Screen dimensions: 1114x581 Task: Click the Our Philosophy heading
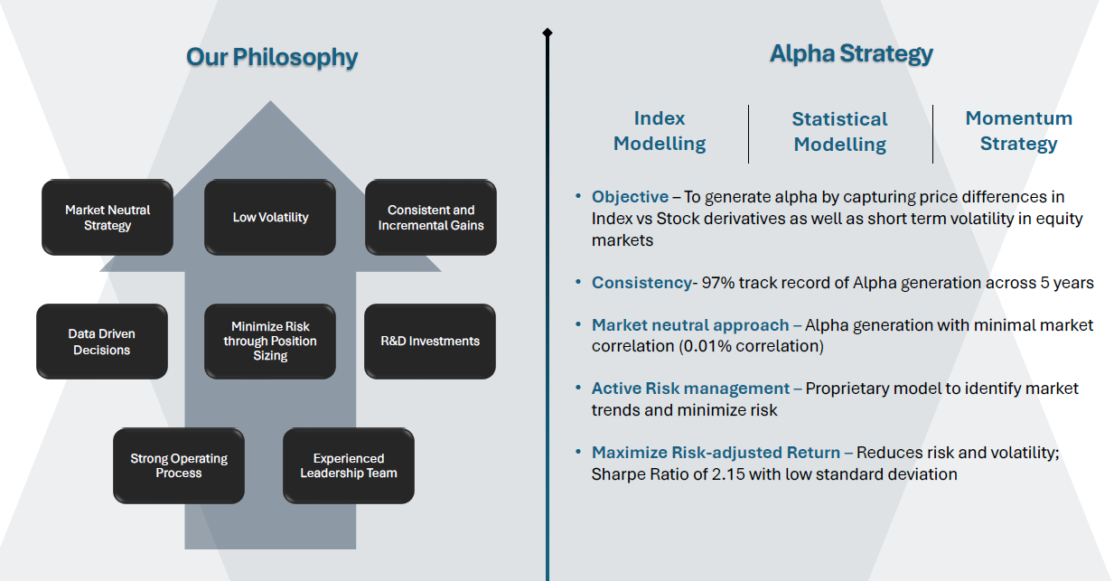point(272,58)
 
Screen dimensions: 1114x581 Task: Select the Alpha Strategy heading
point(851,53)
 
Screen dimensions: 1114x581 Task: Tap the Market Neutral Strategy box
point(108,218)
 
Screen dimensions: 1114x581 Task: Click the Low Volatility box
point(270,218)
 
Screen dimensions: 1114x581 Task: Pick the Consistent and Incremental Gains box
point(431,218)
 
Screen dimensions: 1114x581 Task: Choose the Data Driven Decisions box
point(102,342)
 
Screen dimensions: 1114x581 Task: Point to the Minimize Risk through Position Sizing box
point(270,342)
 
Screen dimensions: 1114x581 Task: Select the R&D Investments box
point(430,342)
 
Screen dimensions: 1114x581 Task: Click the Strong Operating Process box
point(179,465)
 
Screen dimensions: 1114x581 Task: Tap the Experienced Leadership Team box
point(349,465)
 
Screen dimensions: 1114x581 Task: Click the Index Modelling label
point(660,131)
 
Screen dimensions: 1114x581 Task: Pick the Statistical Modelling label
point(840,132)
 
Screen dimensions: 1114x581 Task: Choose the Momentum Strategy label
point(1018,131)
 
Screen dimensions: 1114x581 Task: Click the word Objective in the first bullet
point(630,197)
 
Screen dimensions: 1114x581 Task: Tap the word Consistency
point(641,283)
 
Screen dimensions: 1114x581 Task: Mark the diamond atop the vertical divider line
point(548,33)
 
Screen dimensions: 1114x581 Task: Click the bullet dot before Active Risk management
point(578,387)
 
